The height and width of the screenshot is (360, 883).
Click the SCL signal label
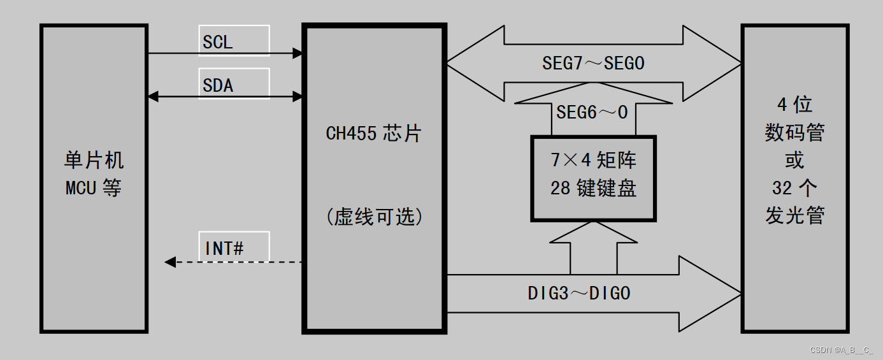pos(218,43)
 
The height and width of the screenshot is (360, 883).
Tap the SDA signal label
pos(218,85)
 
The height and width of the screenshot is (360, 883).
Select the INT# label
pos(224,248)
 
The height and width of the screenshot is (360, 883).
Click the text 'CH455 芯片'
pos(373,134)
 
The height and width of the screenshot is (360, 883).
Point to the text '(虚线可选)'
pos(374,217)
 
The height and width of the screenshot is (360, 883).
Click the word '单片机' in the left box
pos(94,160)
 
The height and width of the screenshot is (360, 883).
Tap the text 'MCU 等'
pos(94,188)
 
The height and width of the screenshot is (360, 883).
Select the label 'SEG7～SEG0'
pos(593,63)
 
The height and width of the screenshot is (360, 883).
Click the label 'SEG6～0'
pos(592,113)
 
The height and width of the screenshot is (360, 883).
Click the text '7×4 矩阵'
pos(593,160)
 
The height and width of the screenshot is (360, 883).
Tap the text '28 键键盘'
pos(593,189)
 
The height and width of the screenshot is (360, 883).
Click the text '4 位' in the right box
pos(794,104)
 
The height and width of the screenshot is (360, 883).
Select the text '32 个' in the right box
pos(794,188)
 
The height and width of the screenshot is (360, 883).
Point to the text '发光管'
pos(794,215)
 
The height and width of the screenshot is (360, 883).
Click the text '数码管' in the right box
pos(794,133)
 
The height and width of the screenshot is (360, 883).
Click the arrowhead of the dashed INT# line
pos(170,262)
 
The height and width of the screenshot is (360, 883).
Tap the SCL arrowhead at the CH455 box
pos(298,53)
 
